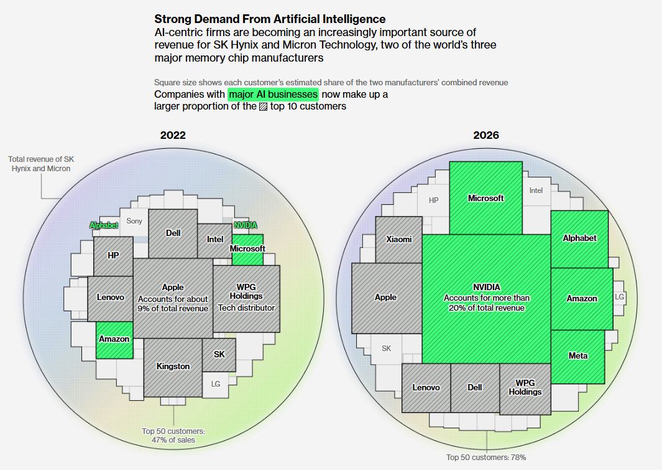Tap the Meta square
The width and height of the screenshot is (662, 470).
point(578,356)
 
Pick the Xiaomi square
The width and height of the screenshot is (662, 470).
point(399,239)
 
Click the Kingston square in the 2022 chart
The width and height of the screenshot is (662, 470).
point(173,366)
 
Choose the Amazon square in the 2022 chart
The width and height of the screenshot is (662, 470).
point(114,339)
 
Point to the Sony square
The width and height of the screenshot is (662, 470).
point(134,221)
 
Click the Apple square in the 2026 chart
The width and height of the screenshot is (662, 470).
point(385,298)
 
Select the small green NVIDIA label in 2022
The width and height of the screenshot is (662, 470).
point(245,225)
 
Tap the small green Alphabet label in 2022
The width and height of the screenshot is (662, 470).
point(104,225)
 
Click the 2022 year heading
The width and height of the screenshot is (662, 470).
point(173,135)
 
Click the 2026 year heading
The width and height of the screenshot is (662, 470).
point(486,135)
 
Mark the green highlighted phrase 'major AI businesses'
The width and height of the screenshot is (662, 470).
point(274,94)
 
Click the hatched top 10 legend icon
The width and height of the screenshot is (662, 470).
point(263,106)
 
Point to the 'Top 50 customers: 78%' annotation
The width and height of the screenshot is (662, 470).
point(486,458)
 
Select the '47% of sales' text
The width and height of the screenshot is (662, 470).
point(173,440)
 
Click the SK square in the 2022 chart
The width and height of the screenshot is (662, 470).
point(219,354)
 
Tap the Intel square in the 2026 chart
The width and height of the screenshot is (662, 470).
point(536,190)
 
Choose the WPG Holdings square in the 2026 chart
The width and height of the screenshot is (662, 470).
point(525,388)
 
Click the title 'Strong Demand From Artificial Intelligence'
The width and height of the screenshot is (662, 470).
point(270,19)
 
